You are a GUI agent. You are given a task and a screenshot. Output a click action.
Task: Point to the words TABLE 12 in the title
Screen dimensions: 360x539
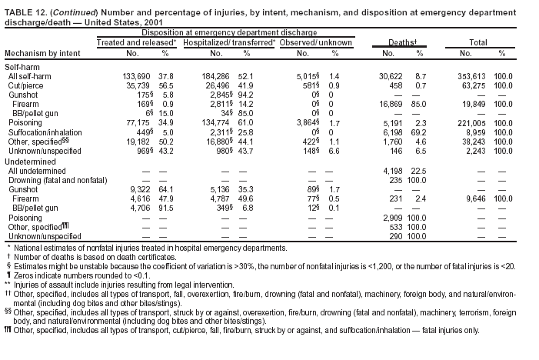tap(25, 8)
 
